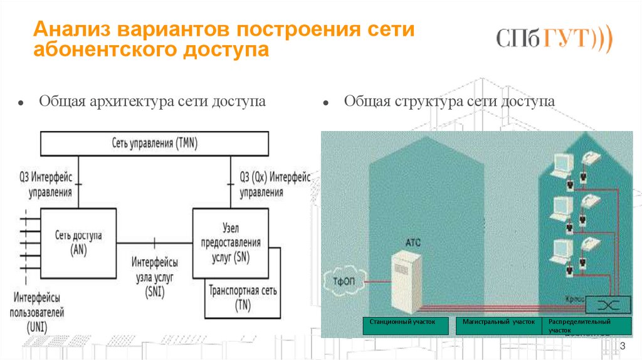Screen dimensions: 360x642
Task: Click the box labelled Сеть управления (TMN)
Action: (154, 143)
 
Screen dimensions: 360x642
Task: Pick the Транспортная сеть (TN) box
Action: (243, 299)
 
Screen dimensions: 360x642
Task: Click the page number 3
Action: (623, 347)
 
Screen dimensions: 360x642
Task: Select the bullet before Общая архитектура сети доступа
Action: (21, 102)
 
